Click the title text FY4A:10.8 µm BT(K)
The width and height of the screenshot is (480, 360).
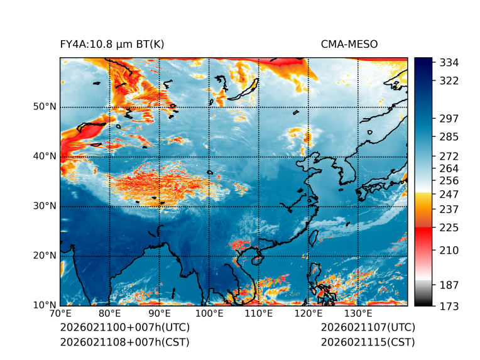112,44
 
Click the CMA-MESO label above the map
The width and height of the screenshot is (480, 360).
349,44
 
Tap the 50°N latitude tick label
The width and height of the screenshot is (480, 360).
45,107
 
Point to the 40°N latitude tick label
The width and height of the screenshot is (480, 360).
45,156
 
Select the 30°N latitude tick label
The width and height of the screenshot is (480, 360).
45,206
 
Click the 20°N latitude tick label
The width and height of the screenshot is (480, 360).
45,256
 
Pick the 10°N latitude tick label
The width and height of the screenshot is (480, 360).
45,305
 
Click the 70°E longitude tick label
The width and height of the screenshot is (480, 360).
60,314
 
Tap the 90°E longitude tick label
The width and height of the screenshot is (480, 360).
160,314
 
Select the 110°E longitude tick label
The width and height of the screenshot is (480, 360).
258,314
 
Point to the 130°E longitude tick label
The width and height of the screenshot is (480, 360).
357,314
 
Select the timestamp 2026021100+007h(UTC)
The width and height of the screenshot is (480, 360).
124,328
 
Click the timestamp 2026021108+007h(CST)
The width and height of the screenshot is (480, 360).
124,342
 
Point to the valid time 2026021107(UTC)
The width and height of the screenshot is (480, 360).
368,328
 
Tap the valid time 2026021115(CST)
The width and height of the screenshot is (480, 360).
368,342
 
